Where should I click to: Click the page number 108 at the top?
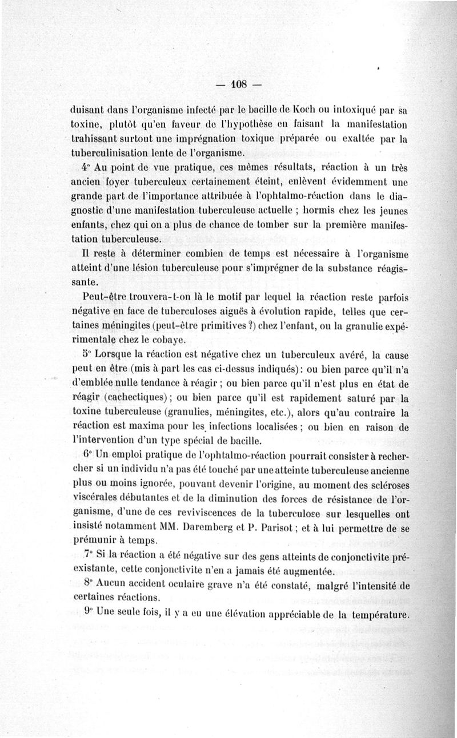(x=238, y=85)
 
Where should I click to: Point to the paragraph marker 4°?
(x=85, y=168)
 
